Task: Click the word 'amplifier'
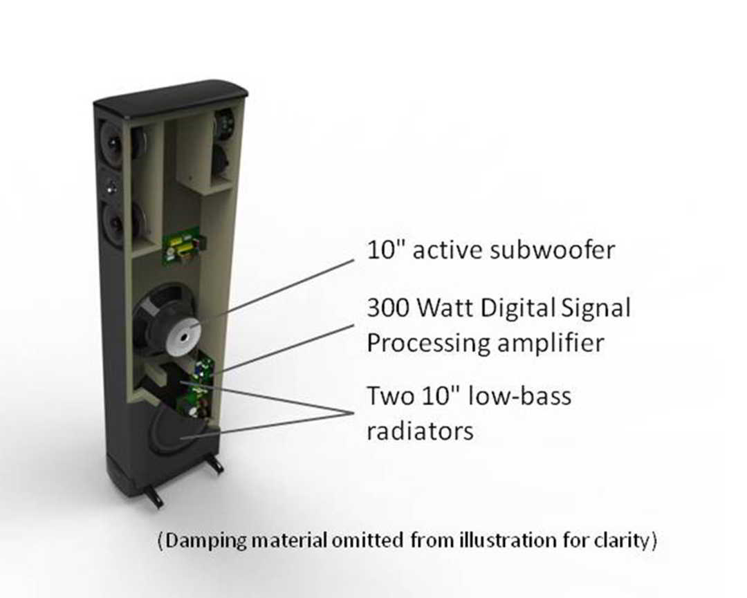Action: (555, 344)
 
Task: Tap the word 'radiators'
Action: (420, 431)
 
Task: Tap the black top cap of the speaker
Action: (170, 96)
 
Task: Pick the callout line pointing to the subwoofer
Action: (277, 287)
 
